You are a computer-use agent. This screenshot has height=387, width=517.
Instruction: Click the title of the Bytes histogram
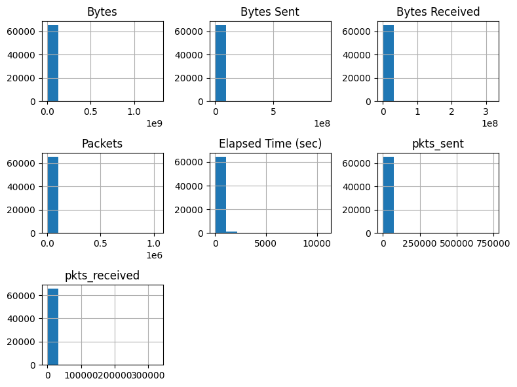click(102, 12)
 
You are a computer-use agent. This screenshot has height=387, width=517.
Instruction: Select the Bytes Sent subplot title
click(270, 12)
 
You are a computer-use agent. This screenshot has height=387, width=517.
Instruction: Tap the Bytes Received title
click(438, 12)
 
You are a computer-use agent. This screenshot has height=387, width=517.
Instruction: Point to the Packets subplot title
click(102, 144)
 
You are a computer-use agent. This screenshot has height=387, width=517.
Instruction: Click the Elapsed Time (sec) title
click(270, 144)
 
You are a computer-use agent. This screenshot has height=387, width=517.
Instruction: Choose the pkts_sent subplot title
click(438, 144)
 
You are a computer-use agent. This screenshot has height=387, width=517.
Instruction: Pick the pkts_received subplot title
click(102, 275)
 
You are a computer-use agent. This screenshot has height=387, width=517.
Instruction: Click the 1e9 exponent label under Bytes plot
click(152, 123)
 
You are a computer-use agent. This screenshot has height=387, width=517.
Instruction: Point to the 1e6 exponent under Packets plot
click(152, 255)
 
